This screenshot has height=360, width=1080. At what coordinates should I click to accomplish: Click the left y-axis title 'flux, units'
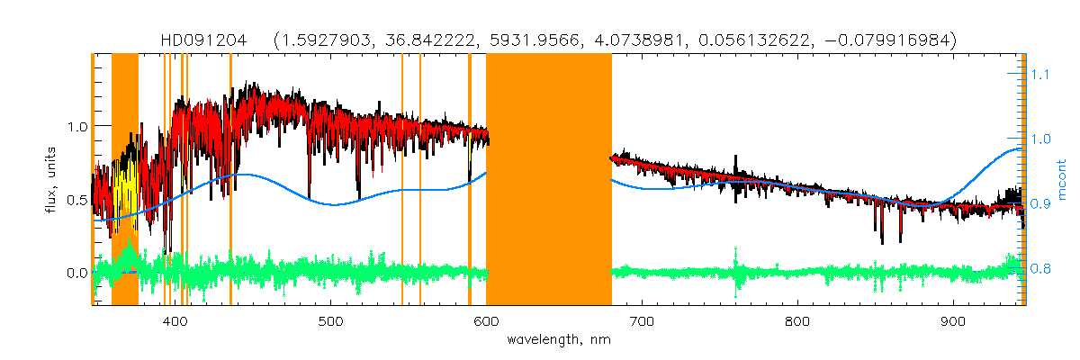[x=51, y=180]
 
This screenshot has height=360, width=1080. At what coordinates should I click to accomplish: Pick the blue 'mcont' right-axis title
[x=1062, y=180]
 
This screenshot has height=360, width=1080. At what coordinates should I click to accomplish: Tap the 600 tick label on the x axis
[x=486, y=321]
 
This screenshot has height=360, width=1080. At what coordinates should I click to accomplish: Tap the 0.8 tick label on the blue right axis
[x=1040, y=268]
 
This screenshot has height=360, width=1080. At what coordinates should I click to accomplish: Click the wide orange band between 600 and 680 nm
[x=549, y=180]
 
